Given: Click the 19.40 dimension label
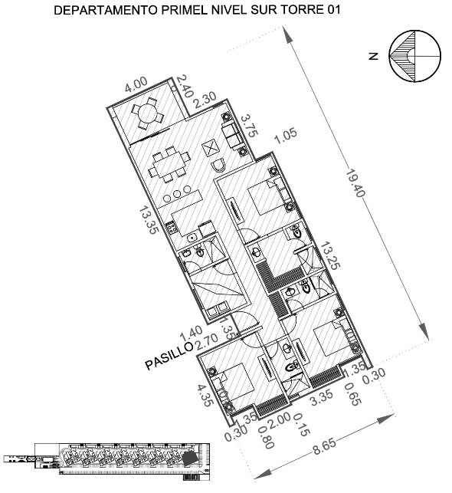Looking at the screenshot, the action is [355, 183].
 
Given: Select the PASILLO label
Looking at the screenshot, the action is [169, 356].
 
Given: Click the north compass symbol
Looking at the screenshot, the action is [415, 57].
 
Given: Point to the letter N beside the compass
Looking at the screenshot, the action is [373, 57].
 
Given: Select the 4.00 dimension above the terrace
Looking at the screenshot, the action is [136, 85].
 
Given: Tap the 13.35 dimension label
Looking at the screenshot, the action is [149, 220].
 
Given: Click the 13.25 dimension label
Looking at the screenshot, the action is [330, 255].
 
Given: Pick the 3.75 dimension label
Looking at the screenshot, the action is [250, 126].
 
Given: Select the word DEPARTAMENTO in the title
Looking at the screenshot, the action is [106, 10].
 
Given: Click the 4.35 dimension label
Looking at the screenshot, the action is [205, 395].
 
